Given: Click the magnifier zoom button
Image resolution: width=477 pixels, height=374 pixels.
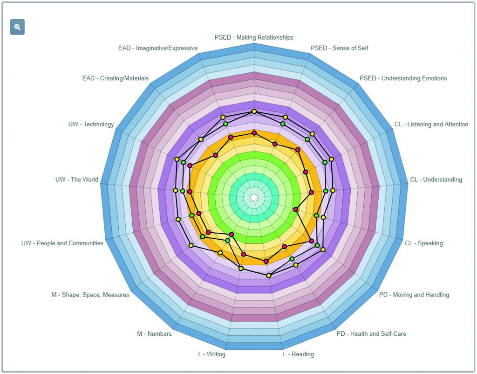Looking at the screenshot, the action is coord(17,27).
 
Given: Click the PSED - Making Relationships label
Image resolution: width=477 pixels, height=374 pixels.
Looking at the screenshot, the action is coord(254,37).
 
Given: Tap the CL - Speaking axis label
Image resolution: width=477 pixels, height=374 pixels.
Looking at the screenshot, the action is coord(424,243).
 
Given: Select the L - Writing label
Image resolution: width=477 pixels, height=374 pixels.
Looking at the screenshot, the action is coord(212,354).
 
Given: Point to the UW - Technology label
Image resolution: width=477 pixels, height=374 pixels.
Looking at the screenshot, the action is coord(91,124).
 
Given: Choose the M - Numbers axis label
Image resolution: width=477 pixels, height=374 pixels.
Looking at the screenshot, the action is coord(154,334).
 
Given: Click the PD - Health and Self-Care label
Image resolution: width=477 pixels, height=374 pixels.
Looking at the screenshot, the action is coord(371,334).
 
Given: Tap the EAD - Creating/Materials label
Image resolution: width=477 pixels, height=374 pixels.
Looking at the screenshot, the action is coord(116,78).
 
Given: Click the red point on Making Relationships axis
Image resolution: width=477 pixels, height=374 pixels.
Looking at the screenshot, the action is coord(254,133).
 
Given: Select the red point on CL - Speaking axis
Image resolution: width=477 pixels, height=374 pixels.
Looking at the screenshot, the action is coord(295,209).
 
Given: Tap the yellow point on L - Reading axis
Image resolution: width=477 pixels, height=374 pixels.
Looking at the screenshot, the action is coord(269,276).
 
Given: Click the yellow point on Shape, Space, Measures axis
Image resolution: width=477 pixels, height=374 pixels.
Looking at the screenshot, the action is coord(191,245).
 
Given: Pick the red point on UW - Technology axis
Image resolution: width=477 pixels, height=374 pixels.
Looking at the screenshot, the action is coord(190,166).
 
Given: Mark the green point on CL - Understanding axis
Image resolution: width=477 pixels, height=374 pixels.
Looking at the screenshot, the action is coord(326,191).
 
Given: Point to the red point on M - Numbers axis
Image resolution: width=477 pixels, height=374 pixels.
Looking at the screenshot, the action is coord(232,234).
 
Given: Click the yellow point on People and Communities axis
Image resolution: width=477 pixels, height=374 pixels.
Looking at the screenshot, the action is coord(178,219).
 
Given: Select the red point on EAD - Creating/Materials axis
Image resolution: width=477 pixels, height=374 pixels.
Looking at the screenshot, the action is coord(216,155).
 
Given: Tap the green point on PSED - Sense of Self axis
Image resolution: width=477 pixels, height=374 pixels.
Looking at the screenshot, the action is coord(283,124).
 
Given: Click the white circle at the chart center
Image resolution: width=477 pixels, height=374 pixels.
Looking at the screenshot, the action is coord(254,198).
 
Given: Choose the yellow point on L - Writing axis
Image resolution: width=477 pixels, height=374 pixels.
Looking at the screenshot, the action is coord(241,268).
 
